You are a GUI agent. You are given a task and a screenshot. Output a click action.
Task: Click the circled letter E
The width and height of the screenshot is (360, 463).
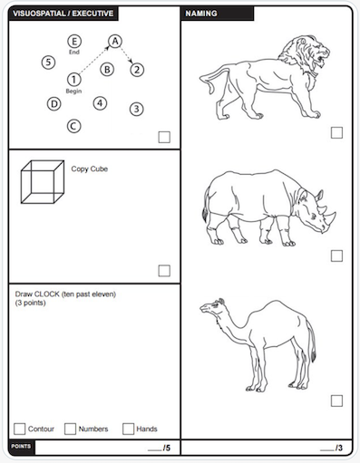coord(74,41)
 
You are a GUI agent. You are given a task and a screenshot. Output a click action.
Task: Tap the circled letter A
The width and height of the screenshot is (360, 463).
coord(115,41)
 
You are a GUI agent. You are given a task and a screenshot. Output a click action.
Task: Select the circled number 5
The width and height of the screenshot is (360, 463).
coord(48,63)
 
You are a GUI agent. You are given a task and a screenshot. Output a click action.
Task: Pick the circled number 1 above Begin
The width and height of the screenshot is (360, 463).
coord(73,80)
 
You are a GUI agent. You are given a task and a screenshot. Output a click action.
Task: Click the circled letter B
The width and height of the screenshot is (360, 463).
coord(107,70)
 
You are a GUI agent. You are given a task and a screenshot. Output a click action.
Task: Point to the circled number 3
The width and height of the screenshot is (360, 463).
coord(137,109)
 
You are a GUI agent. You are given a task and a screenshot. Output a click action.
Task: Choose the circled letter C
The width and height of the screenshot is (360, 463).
coord(73,126)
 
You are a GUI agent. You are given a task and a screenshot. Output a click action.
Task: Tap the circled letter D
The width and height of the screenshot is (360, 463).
coord(54,104)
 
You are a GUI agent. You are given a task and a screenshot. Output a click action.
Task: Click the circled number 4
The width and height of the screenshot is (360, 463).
coord(100,103)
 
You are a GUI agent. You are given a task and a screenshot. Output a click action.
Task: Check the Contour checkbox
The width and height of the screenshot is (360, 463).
coord(20,429)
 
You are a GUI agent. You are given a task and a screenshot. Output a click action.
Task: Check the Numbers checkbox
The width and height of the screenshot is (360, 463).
coord(70,429)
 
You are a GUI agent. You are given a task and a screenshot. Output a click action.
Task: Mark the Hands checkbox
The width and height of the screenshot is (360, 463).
coord(128,429)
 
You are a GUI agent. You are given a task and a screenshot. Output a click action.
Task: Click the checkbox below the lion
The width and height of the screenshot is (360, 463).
coord(336,132)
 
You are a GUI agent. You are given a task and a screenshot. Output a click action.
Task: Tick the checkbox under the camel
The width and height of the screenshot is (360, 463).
coord(336,400)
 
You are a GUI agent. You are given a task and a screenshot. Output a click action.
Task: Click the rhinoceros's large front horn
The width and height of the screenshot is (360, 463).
coord(331,217)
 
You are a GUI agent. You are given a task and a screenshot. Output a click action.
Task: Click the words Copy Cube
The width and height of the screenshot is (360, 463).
coord(90,169)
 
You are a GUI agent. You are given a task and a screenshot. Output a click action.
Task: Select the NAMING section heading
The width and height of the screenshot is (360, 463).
coord(201,14)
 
